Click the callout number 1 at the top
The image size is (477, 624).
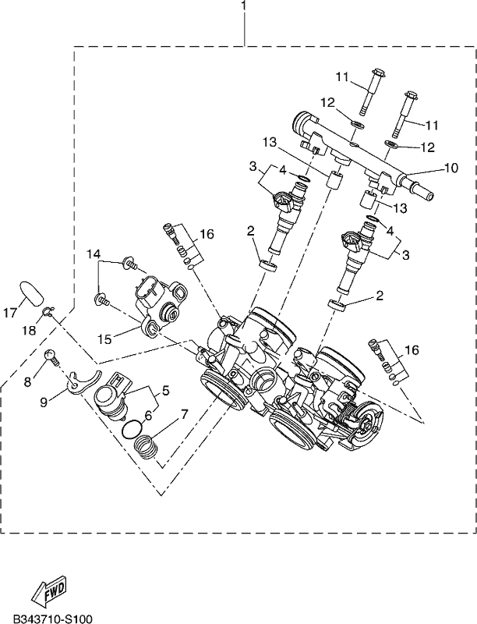(x=244, y=6)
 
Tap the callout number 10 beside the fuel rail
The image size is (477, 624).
(x=450, y=168)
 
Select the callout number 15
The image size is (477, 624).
(x=106, y=339)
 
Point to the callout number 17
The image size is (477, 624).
(x=11, y=313)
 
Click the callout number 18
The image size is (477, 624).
(x=30, y=330)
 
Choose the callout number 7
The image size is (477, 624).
(x=184, y=414)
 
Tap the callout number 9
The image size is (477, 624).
(x=44, y=402)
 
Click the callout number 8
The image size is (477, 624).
(x=27, y=382)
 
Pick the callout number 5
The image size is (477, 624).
(x=165, y=391)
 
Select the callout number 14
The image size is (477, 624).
(x=94, y=253)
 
